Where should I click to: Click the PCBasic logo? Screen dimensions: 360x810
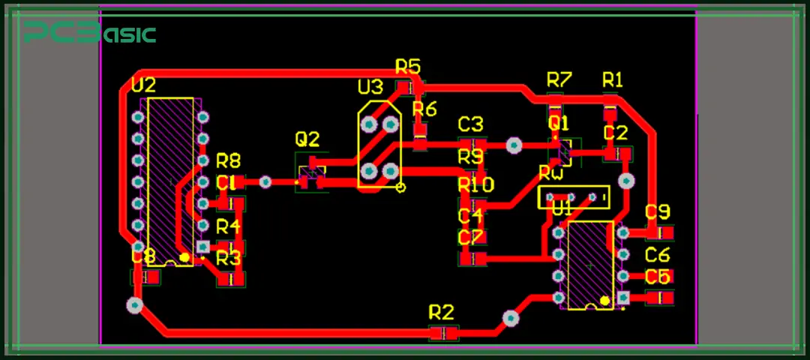click(x=89, y=33)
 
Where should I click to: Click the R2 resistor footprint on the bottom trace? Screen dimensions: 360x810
click(x=443, y=333)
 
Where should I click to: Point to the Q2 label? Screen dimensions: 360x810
click(x=307, y=139)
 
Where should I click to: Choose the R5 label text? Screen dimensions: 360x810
click(x=408, y=67)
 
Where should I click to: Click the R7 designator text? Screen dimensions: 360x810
click(x=559, y=79)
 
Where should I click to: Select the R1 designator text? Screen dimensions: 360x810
click(x=613, y=79)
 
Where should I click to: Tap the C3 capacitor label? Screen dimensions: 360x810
click(x=471, y=124)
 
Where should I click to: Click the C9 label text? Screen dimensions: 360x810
click(x=658, y=211)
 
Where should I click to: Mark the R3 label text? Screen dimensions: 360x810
click(x=229, y=259)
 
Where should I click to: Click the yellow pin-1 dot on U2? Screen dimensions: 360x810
click(x=184, y=257)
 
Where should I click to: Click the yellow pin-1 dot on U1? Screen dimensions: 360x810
click(x=604, y=301)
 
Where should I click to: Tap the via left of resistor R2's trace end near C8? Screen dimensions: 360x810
click(x=134, y=305)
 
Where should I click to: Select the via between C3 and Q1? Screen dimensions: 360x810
click(x=514, y=145)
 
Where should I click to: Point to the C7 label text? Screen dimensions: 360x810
click(x=471, y=238)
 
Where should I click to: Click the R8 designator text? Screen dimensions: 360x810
click(x=229, y=160)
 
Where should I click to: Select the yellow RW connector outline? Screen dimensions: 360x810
click(x=574, y=197)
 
